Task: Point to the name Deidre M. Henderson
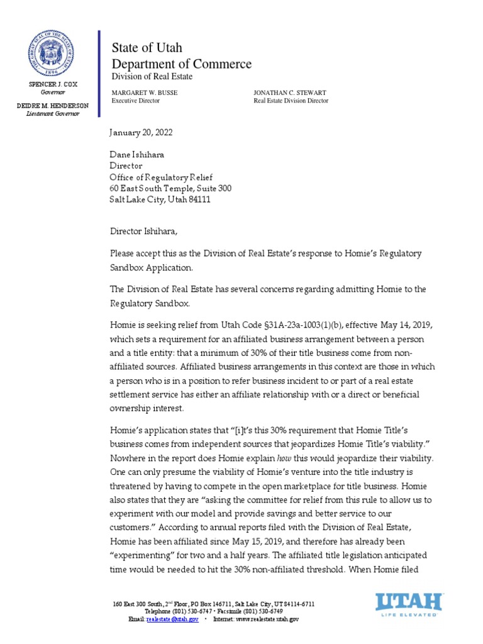click(x=53, y=106)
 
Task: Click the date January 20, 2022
click(x=141, y=133)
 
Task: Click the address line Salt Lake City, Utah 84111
click(x=160, y=199)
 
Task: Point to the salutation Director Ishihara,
click(x=143, y=231)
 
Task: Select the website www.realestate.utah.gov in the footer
click(x=265, y=619)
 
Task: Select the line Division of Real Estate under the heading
click(x=152, y=76)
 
